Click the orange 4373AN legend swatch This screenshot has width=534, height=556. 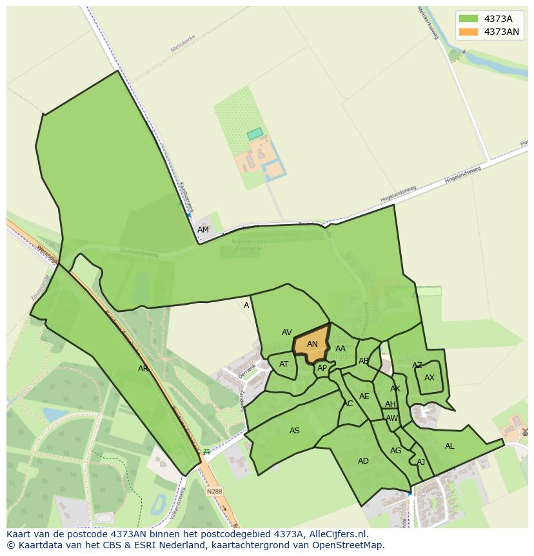click(468, 32)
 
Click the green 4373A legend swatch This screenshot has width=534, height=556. click(468, 19)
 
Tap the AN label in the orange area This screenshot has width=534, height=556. click(312, 344)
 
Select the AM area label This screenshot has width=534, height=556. click(203, 230)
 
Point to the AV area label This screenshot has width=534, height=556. click(287, 333)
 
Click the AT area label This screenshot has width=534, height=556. click(284, 364)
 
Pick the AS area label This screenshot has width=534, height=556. click(295, 431)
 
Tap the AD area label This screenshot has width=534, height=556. click(363, 461)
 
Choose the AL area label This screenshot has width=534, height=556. click(450, 446)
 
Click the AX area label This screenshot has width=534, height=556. click(430, 378)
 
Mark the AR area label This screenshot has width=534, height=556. click(143, 369)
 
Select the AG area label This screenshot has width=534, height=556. click(395, 451)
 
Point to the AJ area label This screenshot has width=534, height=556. click(420, 462)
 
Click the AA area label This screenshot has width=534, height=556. click(341, 349)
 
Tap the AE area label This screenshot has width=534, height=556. click(364, 396)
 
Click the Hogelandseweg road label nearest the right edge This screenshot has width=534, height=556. click(463, 174)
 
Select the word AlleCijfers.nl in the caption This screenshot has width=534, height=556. click(335, 534)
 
